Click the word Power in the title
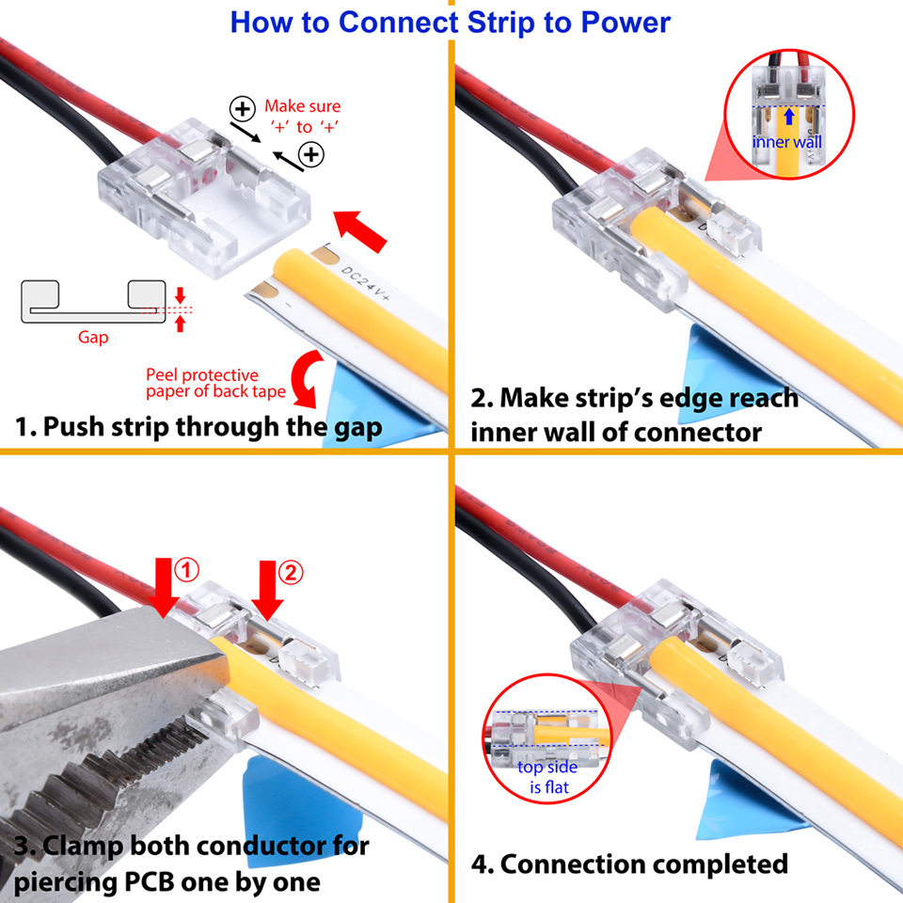[626, 23]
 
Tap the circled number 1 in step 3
[186, 570]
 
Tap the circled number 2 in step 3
[291, 573]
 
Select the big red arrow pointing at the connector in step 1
[360, 230]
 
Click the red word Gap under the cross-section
[93, 338]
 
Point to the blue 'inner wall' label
[786, 142]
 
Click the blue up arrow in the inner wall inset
[789, 117]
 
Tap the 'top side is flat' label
[547, 777]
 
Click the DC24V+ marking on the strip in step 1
[365, 284]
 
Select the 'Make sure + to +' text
[303, 117]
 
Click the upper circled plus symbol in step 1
[243, 108]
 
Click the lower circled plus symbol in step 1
[311, 154]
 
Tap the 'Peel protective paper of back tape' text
[215, 383]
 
